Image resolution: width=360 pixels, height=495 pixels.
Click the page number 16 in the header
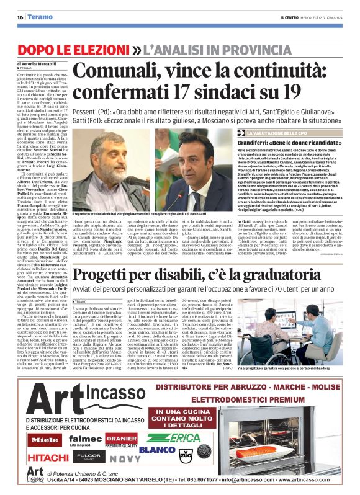click(x=20, y=17)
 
